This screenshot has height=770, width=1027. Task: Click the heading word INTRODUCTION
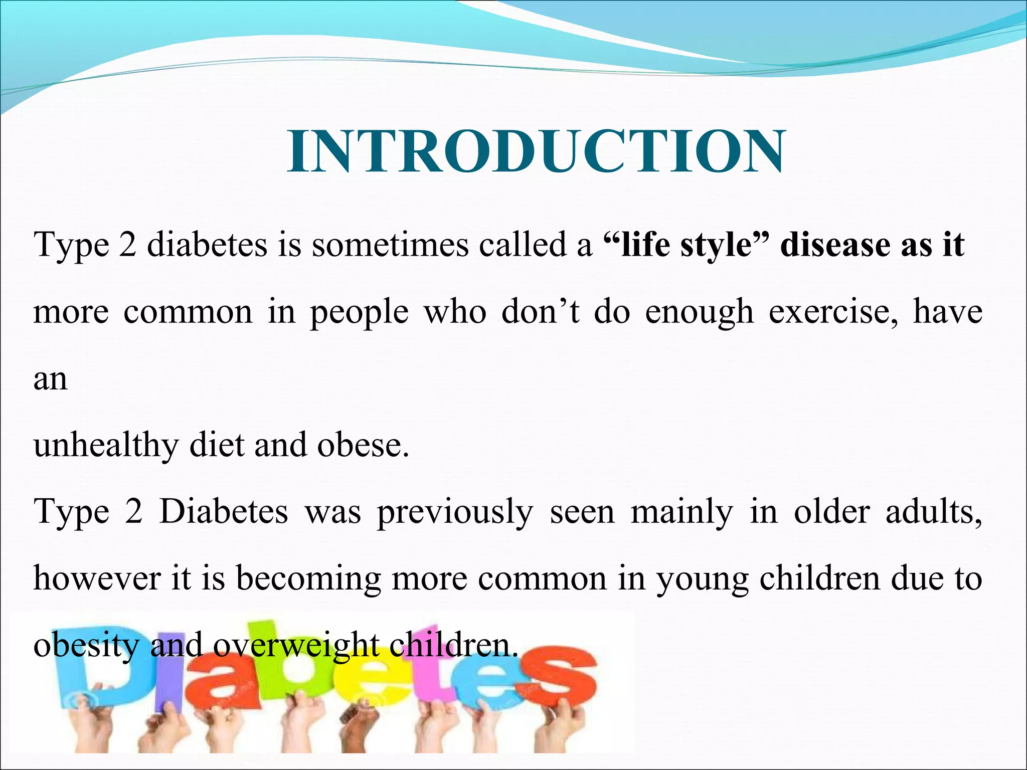[536, 151]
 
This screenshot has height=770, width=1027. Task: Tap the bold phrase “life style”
[685, 246]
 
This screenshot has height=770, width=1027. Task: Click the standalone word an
[50, 379]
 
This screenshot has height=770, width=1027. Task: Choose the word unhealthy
[105, 446]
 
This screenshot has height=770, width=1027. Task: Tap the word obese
[362, 446]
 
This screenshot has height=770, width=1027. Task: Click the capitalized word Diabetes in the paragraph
[224, 512]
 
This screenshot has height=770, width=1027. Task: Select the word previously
[455, 512]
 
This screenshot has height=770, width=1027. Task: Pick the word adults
[933, 512]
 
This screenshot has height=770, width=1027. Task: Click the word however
[97, 579]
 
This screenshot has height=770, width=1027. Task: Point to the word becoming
[308, 579]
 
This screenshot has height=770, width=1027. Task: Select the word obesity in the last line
[85, 646]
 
